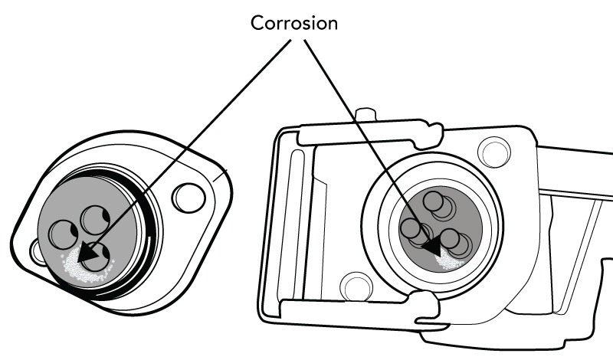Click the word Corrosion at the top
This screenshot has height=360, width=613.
(294, 23)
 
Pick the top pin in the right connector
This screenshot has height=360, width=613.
(434, 203)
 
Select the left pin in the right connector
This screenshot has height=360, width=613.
(411, 229)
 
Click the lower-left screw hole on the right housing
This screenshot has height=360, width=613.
(356, 286)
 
